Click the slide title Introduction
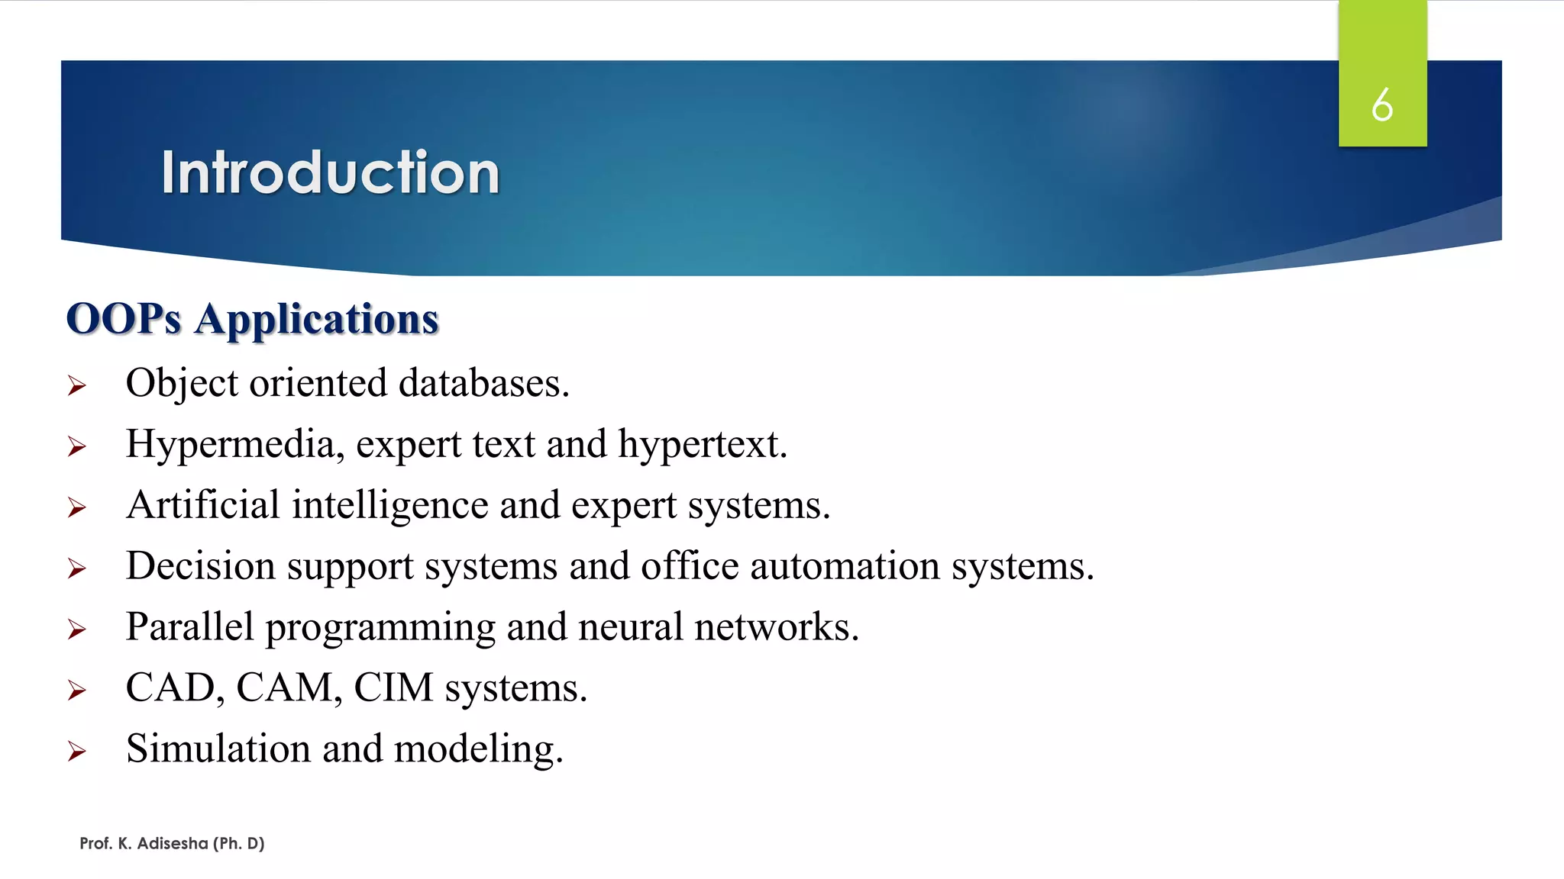click(x=330, y=172)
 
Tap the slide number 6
click(x=1381, y=105)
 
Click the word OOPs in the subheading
click(x=124, y=319)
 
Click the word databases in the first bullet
click(x=483, y=383)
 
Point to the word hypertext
click(x=702, y=445)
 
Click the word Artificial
click(x=203, y=505)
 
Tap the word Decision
click(x=200, y=566)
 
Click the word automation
click(x=845, y=566)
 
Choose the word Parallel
click(x=189, y=627)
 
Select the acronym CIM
click(x=393, y=688)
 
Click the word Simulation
click(x=218, y=749)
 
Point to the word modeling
click(x=478, y=750)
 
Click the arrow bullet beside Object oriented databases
click(x=76, y=385)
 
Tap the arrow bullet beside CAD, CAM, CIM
click(x=76, y=691)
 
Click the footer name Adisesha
click(x=173, y=843)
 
